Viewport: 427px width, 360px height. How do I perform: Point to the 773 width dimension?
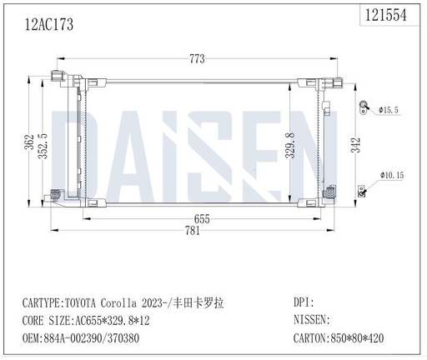click(197, 58)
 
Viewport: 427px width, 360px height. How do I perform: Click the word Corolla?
click(135, 302)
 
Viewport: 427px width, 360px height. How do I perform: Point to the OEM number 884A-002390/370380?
click(103, 338)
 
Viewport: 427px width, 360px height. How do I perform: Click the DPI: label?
click(304, 302)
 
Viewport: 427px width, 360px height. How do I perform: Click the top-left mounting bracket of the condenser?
click(56, 80)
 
